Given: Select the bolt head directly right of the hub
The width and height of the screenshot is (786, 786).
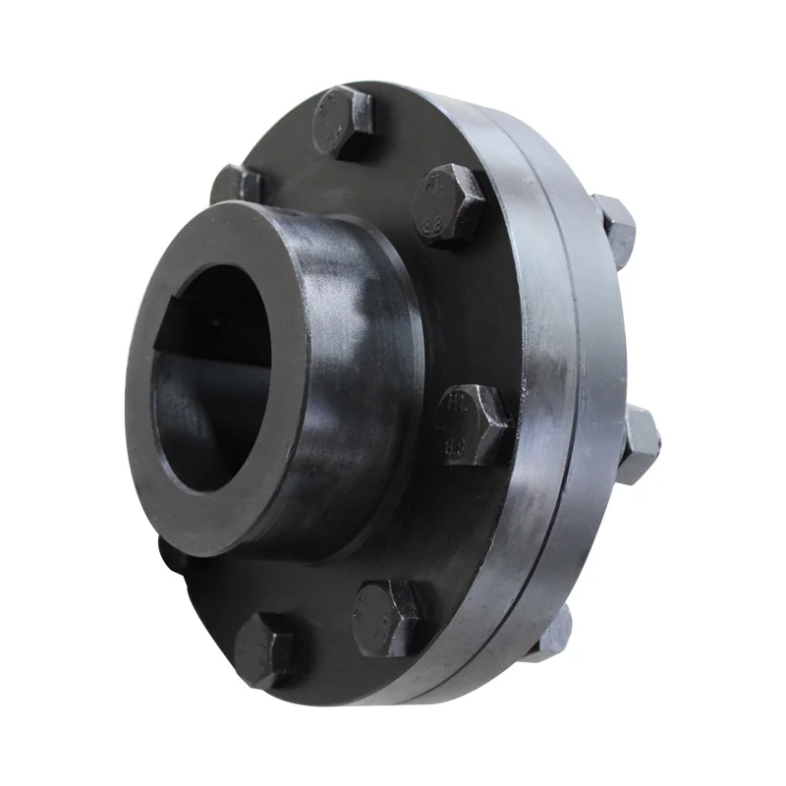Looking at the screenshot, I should [x=474, y=421].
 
